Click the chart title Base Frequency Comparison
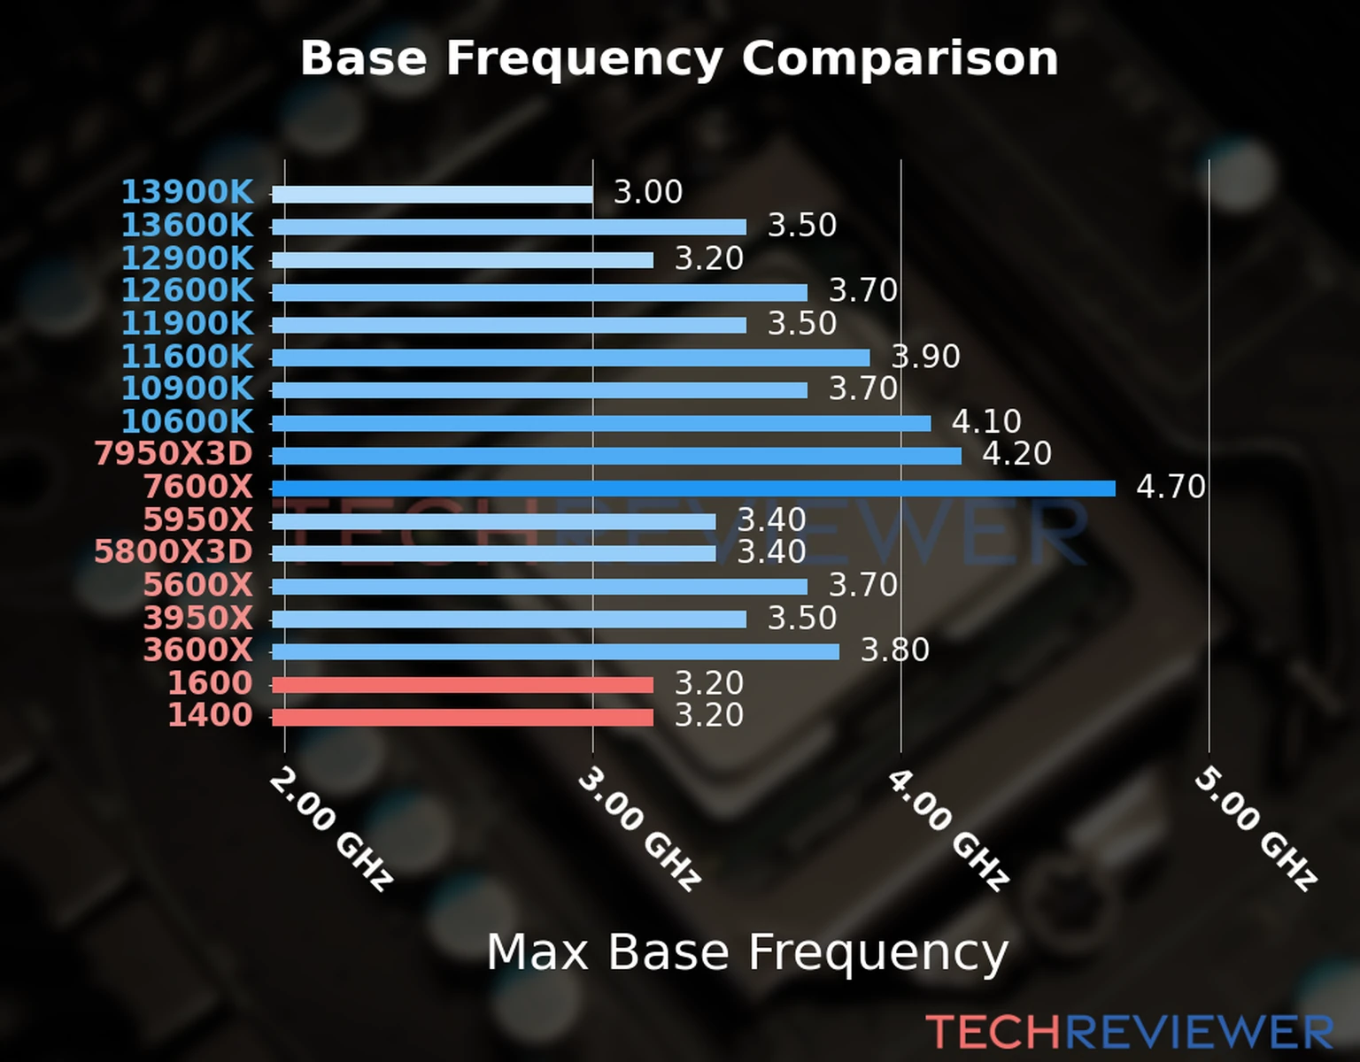679,58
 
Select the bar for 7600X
693,488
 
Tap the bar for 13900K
432,194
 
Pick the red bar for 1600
462,684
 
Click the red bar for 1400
462,717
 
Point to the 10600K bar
601,423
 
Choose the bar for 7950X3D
616,456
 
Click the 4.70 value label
1171,487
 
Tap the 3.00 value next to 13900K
648,192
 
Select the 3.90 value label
925,357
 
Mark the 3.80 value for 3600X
895,650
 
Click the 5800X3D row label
174,552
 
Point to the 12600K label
187,290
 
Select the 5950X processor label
197,519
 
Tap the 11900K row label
187,323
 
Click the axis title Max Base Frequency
747,952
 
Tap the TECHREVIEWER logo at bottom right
1129,1032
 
